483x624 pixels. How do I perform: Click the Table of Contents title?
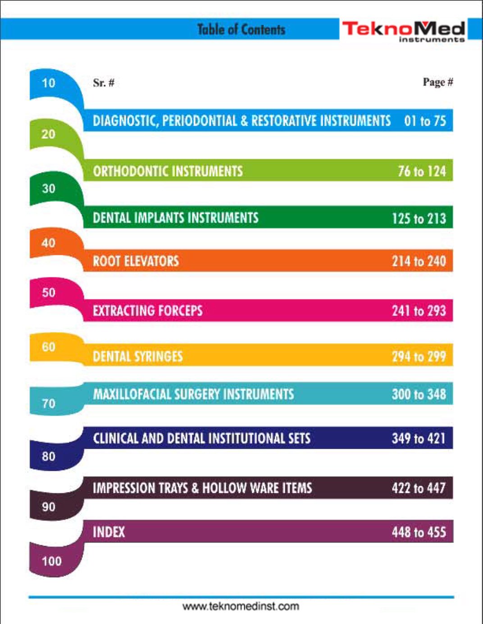241,30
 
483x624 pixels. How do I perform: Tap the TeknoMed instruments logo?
403,31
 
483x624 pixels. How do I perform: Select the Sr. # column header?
104,83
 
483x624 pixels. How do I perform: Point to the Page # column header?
437,82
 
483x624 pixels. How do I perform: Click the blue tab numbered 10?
49,83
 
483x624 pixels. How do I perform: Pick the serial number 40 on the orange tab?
49,243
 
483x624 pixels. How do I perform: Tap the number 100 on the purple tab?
52,561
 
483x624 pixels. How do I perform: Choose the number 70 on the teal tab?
49,403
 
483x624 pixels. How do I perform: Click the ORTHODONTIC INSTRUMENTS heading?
168,171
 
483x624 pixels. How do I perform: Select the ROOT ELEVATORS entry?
136,261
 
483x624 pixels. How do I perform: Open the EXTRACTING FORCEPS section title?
147,311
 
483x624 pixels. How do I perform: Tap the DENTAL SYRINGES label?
138,357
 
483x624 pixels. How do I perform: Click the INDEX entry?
109,532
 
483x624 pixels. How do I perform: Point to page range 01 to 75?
425,121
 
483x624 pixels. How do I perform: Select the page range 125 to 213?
419,219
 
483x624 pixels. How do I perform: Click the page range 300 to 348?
419,394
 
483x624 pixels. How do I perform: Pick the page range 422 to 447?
419,488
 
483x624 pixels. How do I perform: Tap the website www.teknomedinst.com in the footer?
241,606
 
